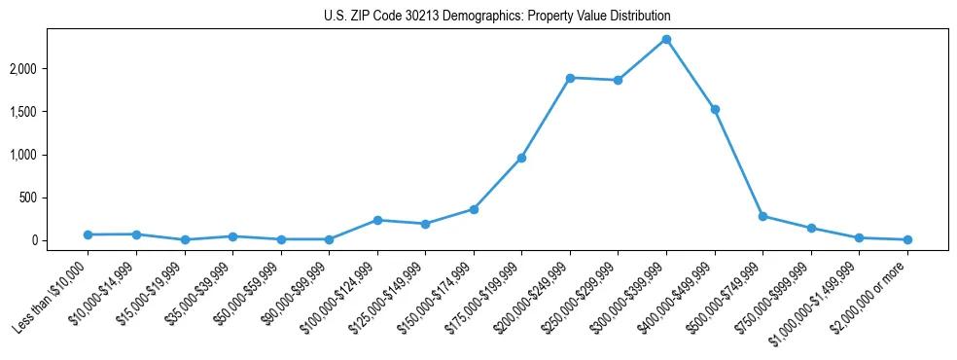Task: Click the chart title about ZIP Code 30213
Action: tap(497, 17)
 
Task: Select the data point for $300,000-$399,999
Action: tap(666, 39)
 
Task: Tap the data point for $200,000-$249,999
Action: tap(570, 78)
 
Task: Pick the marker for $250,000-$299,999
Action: tap(618, 80)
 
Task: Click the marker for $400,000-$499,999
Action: tap(715, 109)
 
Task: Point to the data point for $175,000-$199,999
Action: tap(521, 158)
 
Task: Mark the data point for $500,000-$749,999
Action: tap(762, 216)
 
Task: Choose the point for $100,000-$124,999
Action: tap(377, 220)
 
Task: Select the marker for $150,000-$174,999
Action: tap(474, 209)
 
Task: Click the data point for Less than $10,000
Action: tap(89, 234)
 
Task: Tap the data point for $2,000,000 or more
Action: tap(907, 239)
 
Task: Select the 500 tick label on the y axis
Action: tap(54, 198)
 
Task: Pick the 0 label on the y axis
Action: tap(59, 240)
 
